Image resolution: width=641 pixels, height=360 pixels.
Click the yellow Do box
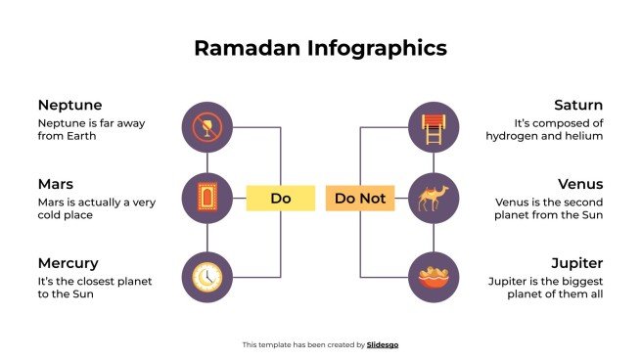point(281,199)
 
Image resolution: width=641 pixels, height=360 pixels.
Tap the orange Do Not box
point(360,199)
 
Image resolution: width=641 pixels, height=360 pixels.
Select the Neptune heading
point(69,105)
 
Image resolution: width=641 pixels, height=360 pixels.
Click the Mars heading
point(55,184)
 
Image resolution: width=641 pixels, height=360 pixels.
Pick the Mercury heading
point(68,263)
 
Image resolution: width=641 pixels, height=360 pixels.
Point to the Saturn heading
point(577,105)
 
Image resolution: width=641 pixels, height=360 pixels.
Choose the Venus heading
point(580,184)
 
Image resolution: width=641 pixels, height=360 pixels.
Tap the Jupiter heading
point(576,263)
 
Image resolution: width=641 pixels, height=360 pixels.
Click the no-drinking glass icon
point(207,127)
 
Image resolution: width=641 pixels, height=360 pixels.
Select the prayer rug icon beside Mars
point(207,199)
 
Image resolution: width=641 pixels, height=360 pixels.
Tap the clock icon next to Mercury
point(207,277)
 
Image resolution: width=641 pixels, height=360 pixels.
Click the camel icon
point(433,199)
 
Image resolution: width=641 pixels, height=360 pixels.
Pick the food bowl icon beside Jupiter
point(433,277)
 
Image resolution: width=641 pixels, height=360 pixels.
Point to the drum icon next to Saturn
point(433,127)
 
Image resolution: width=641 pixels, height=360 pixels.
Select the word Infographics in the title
point(375,48)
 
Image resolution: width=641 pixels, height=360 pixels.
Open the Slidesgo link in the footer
point(383,344)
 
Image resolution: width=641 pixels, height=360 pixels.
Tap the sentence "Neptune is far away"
point(83,123)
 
